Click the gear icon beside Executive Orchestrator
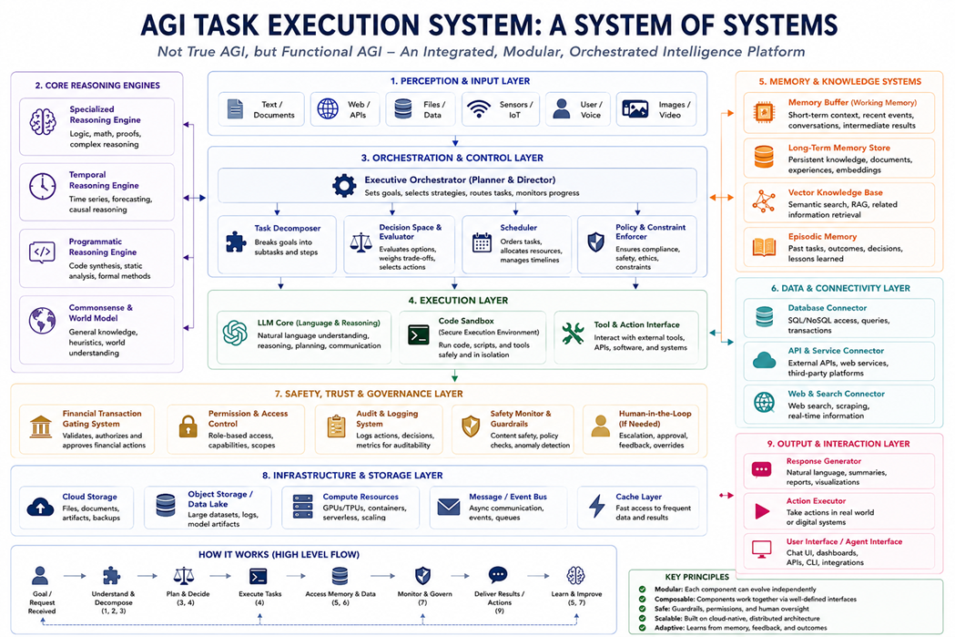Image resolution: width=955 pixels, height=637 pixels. pos(344,185)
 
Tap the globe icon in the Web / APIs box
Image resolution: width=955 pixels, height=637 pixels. pos(328,108)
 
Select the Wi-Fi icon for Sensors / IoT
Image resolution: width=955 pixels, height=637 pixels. pos(479,109)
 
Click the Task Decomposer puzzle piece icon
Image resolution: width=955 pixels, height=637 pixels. pos(237,242)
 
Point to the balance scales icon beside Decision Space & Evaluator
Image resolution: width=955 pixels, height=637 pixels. pos(361,242)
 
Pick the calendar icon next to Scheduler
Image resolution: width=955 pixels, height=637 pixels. pos(482,242)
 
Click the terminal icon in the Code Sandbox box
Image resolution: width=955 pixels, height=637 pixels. pos(419,334)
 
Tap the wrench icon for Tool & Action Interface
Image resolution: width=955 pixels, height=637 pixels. pos(574,334)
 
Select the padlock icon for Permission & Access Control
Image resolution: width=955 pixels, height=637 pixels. pos(188,426)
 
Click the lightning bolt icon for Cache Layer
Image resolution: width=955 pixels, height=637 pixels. pos(597,506)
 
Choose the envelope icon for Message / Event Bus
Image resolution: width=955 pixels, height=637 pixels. pos(449,507)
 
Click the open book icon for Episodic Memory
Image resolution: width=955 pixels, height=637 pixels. pos(764,247)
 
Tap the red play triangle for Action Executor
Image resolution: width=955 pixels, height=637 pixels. pos(762,511)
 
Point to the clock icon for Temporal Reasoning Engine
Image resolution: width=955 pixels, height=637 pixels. pos(42,187)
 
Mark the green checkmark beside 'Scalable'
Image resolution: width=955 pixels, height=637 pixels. pos(642,618)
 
